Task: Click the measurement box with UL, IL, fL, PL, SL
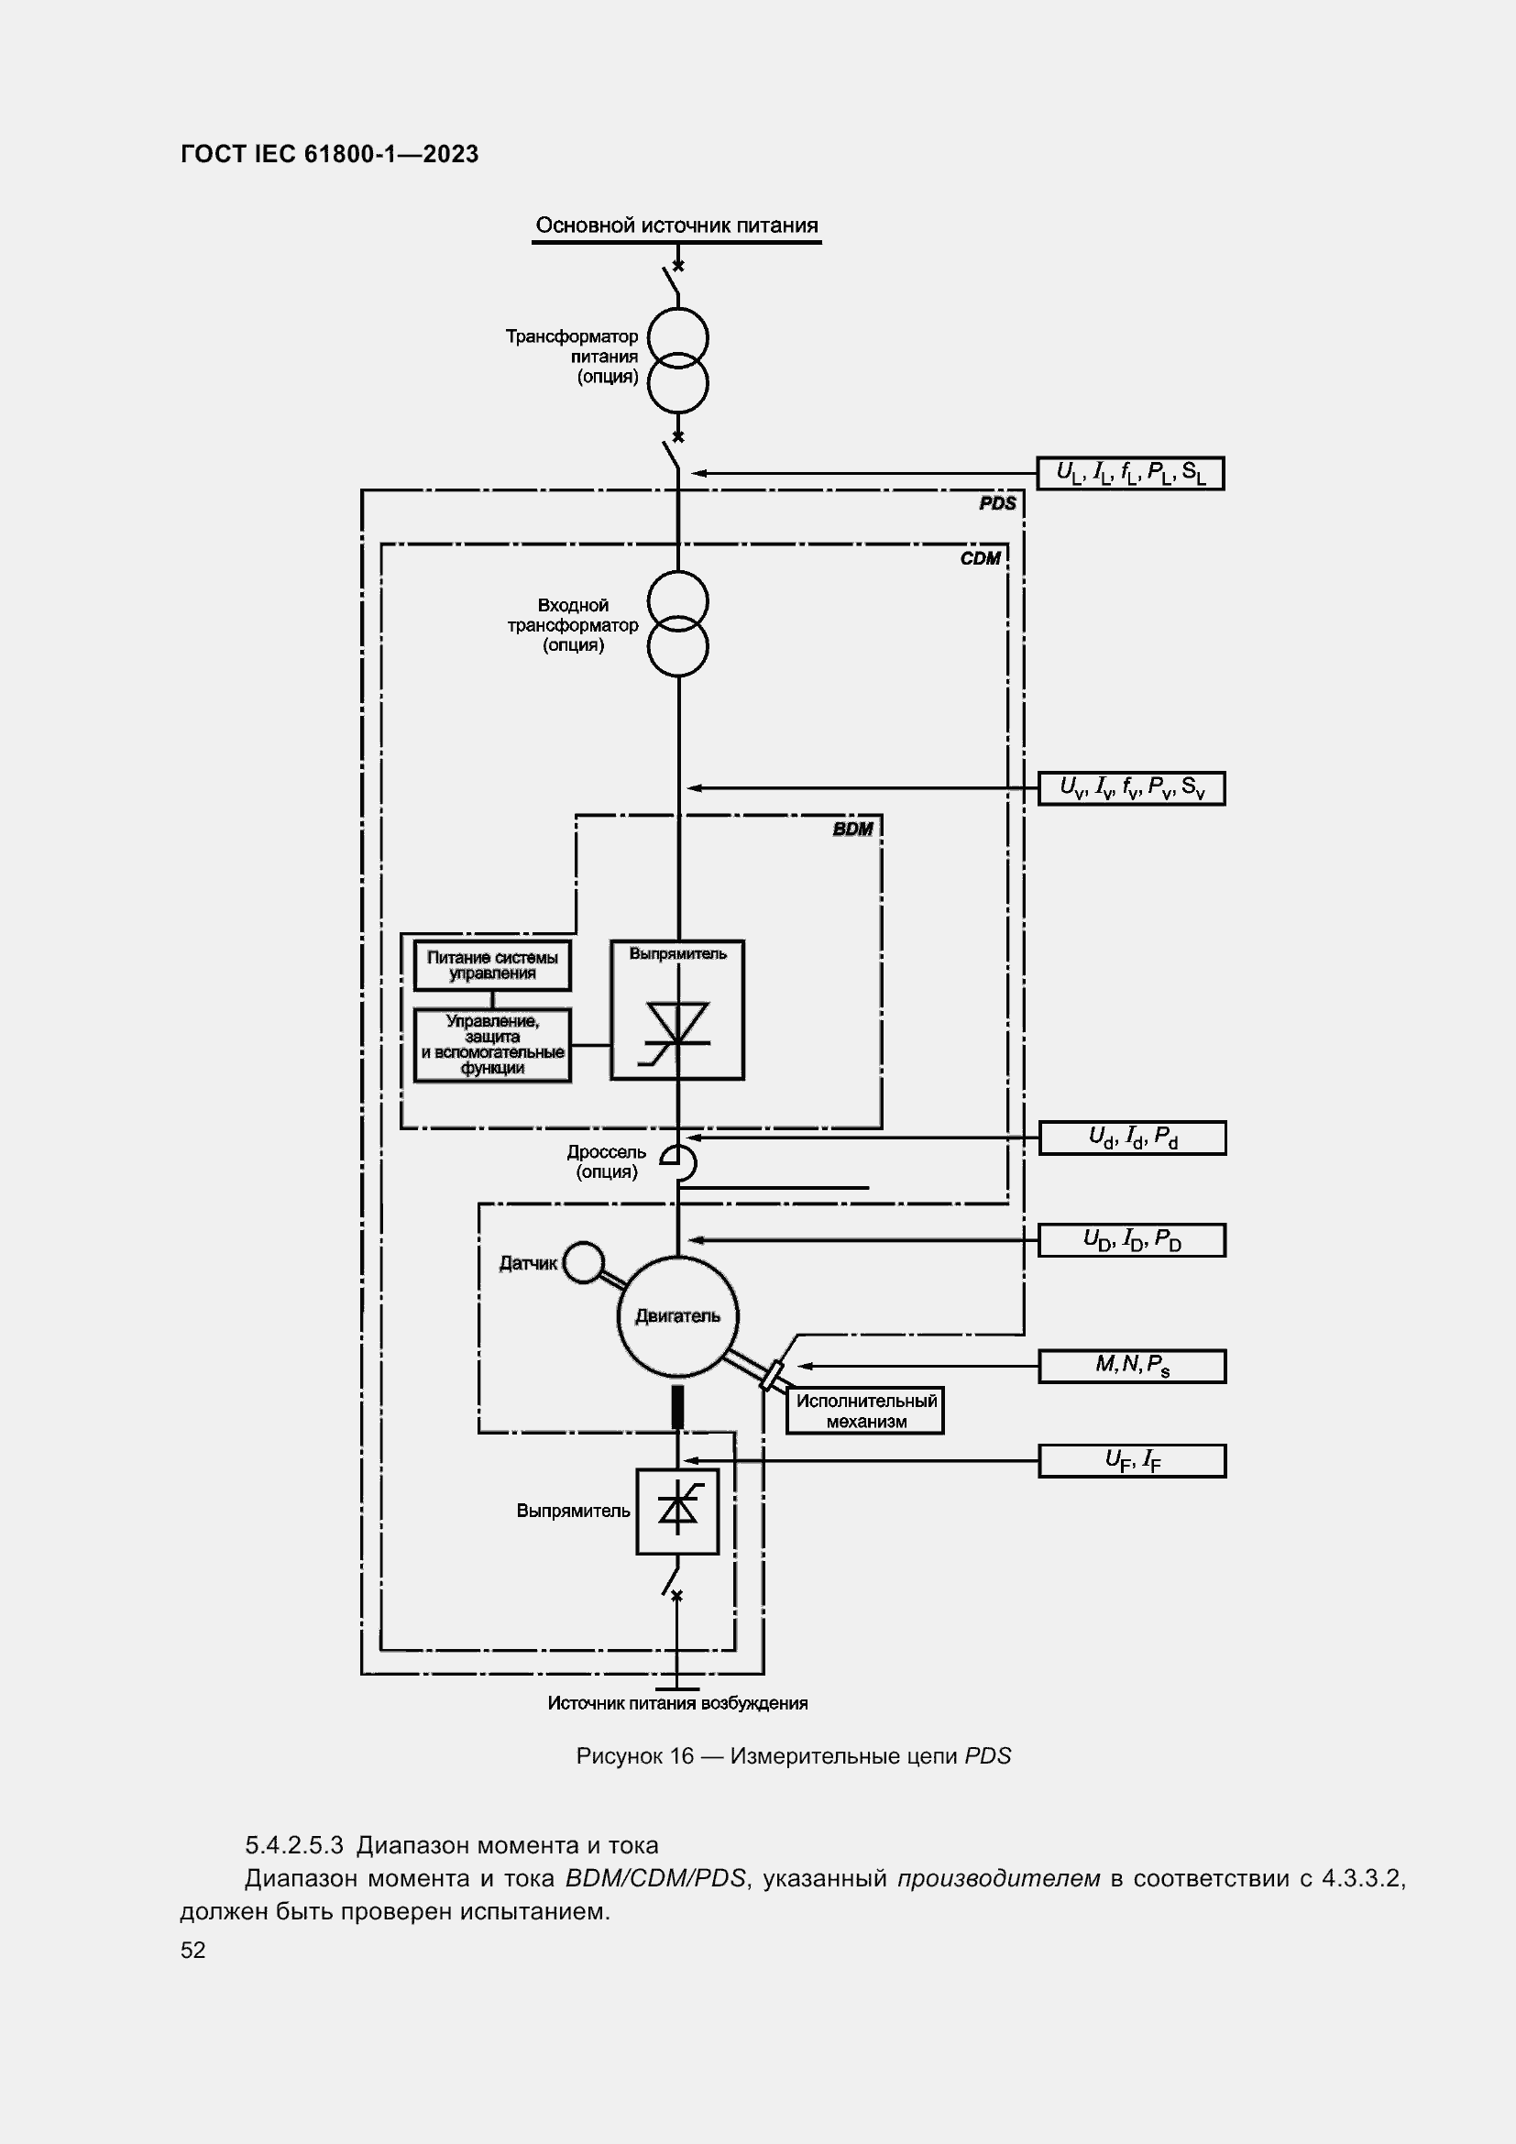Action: (x=1129, y=473)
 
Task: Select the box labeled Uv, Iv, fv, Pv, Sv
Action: (x=1131, y=788)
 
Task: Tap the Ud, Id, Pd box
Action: (x=1131, y=1138)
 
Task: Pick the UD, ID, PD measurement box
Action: (x=1131, y=1240)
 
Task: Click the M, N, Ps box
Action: (x=1131, y=1365)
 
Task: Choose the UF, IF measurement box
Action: (x=1131, y=1460)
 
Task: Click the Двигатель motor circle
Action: (x=677, y=1316)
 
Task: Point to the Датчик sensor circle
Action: (x=585, y=1262)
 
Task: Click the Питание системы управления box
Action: (x=492, y=965)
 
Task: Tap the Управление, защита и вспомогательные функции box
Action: (x=492, y=1045)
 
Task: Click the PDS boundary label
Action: (x=997, y=504)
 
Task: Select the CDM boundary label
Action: (x=980, y=558)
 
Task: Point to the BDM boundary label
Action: (x=853, y=830)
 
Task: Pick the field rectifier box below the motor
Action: (x=677, y=1512)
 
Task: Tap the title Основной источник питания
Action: (x=676, y=225)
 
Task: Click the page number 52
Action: (x=193, y=1950)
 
